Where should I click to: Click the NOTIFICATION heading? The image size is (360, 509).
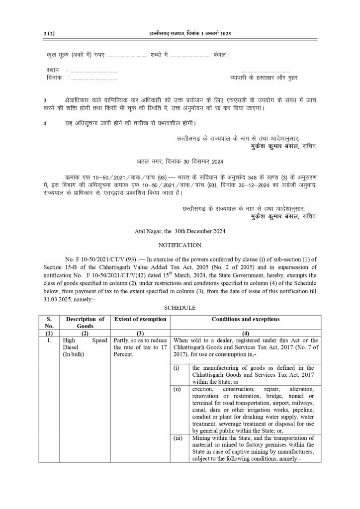(180, 245)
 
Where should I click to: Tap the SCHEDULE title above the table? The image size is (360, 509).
(180, 308)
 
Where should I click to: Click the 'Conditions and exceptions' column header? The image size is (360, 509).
(245, 319)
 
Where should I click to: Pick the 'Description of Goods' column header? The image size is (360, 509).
(85, 323)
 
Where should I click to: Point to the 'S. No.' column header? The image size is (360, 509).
(49, 323)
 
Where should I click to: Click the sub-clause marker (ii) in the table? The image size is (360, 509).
(177, 388)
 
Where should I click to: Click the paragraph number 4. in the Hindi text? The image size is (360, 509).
(45, 123)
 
